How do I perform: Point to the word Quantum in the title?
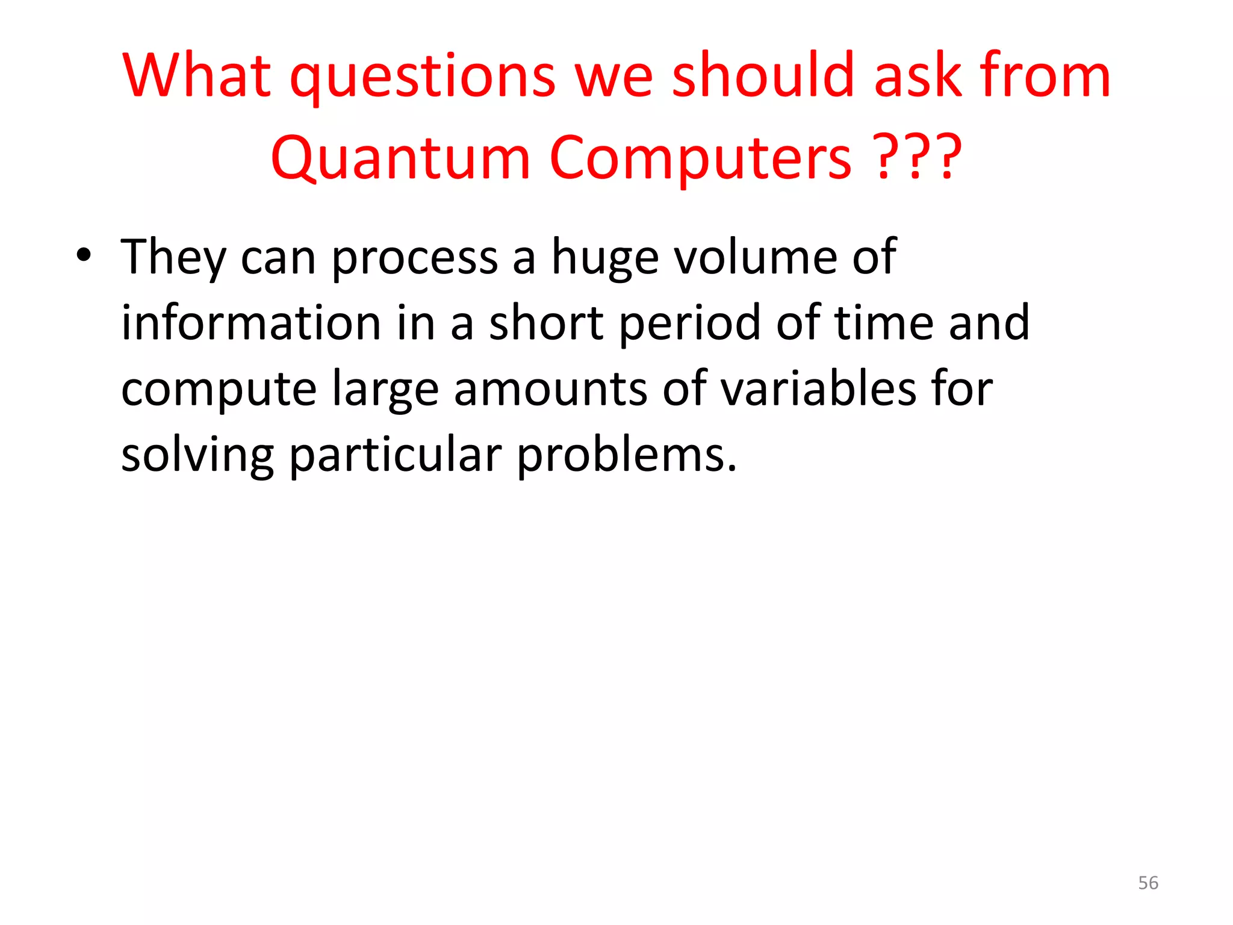click(x=400, y=158)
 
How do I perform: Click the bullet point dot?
click(x=84, y=256)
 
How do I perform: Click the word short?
click(x=545, y=323)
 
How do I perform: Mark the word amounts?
click(x=550, y=389)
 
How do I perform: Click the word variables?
click(x=818, y=388)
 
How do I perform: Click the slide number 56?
click(x=1148, y=883)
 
